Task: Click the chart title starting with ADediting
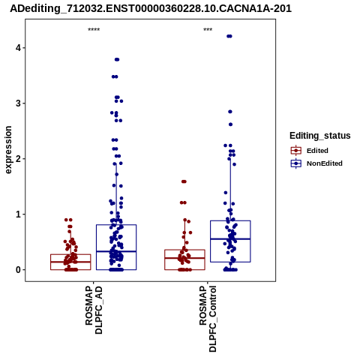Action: click(x=151, y=8)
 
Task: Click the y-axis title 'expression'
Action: click(x=8, y=150)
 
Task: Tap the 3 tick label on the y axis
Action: click(x=18, y=103)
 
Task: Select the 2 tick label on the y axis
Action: click(x=18, y=159)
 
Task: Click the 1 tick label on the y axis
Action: click(x=18, y=214)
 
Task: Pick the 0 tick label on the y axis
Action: click(x=18, y=270)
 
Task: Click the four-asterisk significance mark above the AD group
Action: click(x=94, y=29)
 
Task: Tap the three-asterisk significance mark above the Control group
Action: click(x=208, y=29)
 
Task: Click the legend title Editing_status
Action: click(x=320, y=136)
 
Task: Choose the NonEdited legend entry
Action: click(x=316, y=163)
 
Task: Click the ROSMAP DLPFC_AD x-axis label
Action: click(x=94, y=310)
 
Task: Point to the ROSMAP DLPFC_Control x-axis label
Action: click(x=208, y=319)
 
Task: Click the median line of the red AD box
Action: click(x=70, y=262)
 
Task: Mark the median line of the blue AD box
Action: click(x=116, y=251)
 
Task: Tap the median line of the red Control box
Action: click(x=184, y=258)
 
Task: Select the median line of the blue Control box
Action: click(x=230, y=239)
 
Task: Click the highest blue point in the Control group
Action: click(x=229, y=36)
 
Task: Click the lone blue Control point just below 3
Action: click(x=230, y=112)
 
